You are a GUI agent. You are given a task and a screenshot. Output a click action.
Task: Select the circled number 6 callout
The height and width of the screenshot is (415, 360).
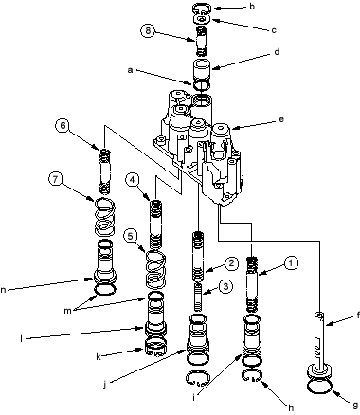pyautogui.click(x=63, y=125)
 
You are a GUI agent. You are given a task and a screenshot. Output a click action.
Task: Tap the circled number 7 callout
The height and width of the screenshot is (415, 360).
pyautogui.click(x=56, y=179)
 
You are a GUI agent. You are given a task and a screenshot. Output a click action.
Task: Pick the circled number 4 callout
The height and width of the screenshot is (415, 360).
pyautogui.click(x=133, y=180)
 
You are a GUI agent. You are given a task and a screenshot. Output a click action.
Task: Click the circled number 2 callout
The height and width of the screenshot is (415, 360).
pyautogui.click(x=231, y=263)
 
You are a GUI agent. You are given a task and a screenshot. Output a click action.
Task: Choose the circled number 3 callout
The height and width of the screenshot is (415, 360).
pyautogui.click(x=225, y=286)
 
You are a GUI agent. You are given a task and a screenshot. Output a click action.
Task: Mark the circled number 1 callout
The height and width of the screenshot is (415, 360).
pyautogui.click(x=291, y=262)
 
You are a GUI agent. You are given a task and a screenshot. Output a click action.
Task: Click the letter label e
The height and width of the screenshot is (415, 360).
pyautogui.click(x=281, y=119)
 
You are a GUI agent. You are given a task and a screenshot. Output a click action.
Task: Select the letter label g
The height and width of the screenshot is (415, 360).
pyautogui.click(x=356, y=405)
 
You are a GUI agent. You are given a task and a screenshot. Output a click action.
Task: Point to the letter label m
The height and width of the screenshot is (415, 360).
pyautogui.click(x=67, y=311)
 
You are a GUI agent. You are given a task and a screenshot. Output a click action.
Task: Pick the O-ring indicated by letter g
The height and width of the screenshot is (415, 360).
pyautogui.click(x=319, y=393)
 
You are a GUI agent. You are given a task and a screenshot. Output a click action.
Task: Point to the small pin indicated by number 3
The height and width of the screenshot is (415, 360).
pyautogui.click(x=198, y=297)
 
